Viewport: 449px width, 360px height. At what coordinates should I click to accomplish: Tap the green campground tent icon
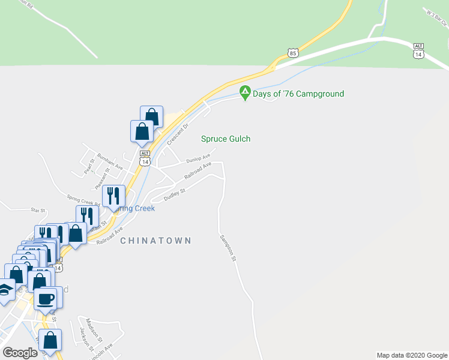click(245, 93)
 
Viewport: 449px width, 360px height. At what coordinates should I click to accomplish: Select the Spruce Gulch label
click(225, 139)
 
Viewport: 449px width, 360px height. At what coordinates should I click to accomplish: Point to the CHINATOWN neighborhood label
click(155, 241)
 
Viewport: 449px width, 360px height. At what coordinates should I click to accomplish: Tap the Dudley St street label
click(175, 195)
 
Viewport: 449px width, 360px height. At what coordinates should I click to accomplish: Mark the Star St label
click(38, 210)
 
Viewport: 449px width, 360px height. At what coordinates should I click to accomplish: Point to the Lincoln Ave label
click(100, 351)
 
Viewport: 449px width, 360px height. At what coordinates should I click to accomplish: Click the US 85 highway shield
click(292, 53)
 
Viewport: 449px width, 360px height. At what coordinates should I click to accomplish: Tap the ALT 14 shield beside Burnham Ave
click(144, 158)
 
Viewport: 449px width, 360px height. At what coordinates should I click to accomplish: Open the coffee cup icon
click(46, 298)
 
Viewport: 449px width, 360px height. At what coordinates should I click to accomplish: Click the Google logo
click(20, 353)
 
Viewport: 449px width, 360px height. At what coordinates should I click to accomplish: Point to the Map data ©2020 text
click(412, 355)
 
